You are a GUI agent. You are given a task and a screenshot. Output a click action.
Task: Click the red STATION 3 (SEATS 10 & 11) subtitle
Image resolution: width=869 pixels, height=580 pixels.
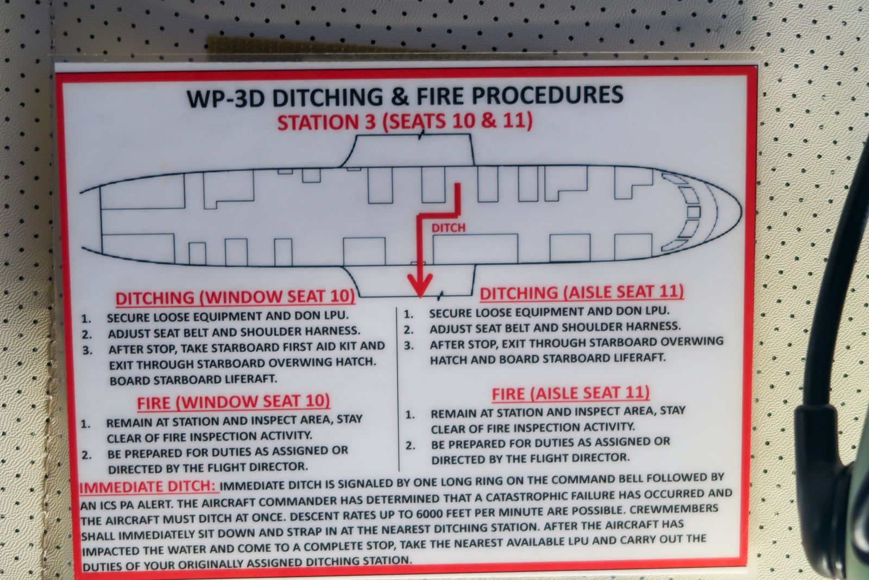[x=405, y=121]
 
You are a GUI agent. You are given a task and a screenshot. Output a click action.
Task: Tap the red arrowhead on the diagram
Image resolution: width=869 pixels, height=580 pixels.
[x=420, y=285]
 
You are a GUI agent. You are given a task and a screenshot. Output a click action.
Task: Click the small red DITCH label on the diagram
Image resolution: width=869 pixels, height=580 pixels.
[x=448, y=228]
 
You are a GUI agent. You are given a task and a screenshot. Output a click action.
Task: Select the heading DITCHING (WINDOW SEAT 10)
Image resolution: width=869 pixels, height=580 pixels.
[x=235, y=297]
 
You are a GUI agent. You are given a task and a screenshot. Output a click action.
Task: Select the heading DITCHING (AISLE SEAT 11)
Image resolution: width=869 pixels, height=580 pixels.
[x=582, y=292]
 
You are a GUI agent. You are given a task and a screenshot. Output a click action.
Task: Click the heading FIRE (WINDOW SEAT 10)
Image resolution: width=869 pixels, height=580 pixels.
[x=233, y=402]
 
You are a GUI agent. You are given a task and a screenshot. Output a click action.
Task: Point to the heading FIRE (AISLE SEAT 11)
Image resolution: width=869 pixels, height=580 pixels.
[x=571, y=393]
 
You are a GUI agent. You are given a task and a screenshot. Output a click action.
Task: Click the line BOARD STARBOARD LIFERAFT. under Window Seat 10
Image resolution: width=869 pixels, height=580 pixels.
[x=193, y=379]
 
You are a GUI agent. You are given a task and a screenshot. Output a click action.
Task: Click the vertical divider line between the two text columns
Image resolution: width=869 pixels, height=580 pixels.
[x=398, y=389]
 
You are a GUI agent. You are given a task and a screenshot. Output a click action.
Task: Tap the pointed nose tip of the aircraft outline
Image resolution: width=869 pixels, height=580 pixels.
[x=741, y=212]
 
